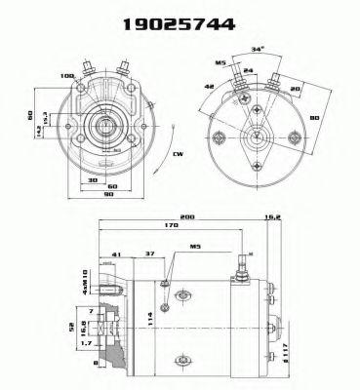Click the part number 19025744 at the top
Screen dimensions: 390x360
(180, 24)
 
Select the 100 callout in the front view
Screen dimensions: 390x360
(68, 76)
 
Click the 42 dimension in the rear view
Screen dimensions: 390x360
(209, 85)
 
